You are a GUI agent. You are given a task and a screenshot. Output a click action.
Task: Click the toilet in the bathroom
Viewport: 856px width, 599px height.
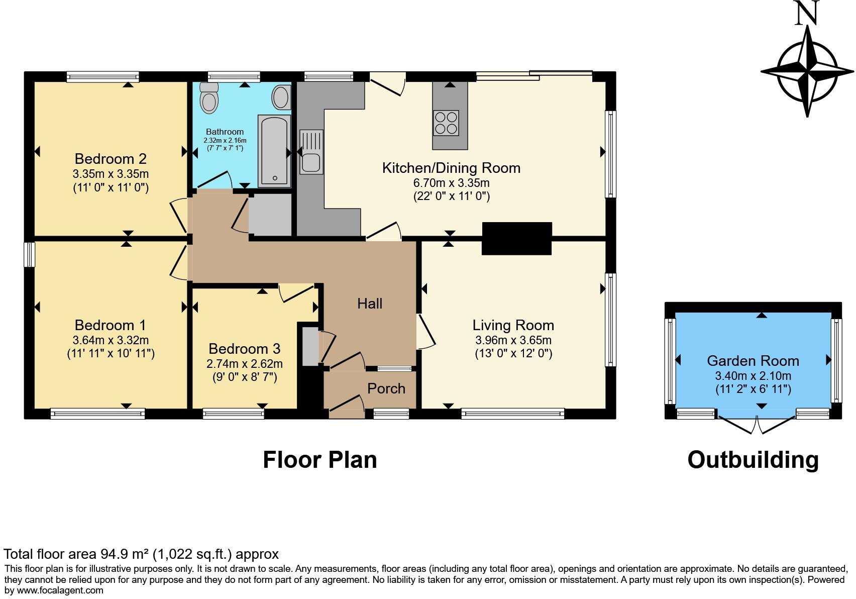pyautogui.click(x=209, y=98)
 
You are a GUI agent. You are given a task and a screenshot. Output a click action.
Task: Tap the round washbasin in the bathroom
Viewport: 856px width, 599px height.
pyautogui.click(x=281, y=97)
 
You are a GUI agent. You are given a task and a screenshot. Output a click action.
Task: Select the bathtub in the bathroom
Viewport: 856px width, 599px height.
pyautogui.click(x=274, y=151)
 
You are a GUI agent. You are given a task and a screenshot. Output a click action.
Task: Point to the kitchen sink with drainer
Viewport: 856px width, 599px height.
pyautogui.click(x=311, y=152)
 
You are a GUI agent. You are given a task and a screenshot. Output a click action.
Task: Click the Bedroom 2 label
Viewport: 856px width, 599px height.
pyautogui.click(x=111, y=159)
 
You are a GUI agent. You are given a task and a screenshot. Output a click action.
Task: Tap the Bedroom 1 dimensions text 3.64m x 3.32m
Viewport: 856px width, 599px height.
pyautogui.click(x=111, y=340)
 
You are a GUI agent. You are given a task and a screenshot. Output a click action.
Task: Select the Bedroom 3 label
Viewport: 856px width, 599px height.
pyautogui.click(x=245, y=349)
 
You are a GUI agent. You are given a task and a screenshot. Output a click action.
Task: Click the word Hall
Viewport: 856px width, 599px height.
pyautogui.click(x=370, y=304)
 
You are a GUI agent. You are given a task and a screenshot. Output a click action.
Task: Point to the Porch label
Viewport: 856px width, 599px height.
pyautogui.click(x=386, y=388)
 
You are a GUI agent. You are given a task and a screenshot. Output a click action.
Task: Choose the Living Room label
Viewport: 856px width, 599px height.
pyautogui.click(x=513, y=325)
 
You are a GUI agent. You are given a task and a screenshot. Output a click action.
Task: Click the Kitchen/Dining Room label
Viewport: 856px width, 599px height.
pyautogui.click(x=451, y=168)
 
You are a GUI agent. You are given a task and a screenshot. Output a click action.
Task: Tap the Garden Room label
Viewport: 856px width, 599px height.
pyautogui.click(x=753, y=361)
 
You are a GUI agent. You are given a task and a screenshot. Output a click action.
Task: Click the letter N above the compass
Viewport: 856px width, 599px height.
pyautogui.click(x=807, y=13)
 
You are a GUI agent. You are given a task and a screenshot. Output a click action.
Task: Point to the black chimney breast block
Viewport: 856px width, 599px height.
pyautogui.click(x=516, y=239)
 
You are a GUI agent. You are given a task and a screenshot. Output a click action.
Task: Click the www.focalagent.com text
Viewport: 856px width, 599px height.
pyautogui.click(x=60, y=590)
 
